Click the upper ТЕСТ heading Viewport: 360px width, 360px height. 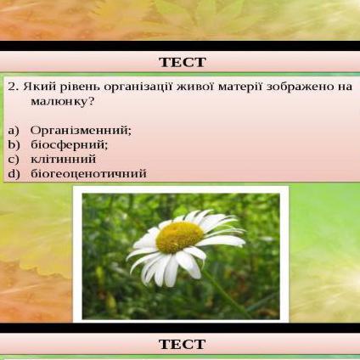[x=183, y=62]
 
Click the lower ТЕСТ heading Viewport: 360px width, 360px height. [x=183, y=345]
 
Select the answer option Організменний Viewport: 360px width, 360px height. [x=81, y=131]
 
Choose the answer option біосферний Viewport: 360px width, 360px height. [x=70, y=145]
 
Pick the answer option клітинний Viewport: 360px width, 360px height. [x=63, y=160]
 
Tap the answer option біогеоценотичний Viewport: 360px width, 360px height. [x=88, y=173]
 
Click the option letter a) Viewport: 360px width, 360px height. [x=14, y=131]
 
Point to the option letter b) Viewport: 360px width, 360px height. [x=14, y=145]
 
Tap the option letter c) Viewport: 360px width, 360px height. [x=14, y=160]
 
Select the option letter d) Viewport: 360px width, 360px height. [x=14, y=173]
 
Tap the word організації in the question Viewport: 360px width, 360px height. [x=138, y=87]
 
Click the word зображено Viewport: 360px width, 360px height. [x=300, y=87]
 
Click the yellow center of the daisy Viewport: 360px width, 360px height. [x=179, y=237]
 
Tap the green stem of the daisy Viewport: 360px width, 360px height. [x=227, y=295]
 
